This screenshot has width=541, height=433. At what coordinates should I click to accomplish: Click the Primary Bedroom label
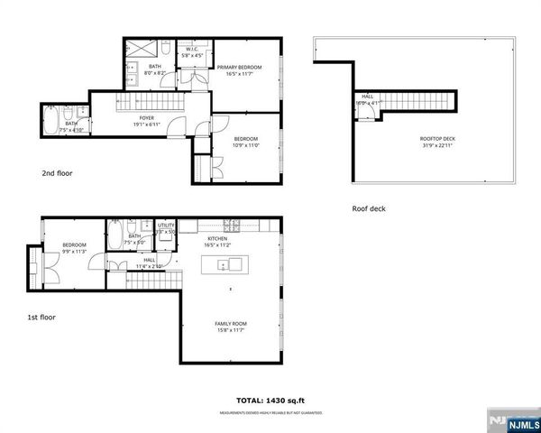[x=244, y=67]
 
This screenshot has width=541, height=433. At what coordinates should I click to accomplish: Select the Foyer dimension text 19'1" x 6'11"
[x=146, y=124]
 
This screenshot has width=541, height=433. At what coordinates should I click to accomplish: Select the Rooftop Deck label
[x=438, y=138]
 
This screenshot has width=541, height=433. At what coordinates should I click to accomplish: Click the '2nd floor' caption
[x=57, y=172]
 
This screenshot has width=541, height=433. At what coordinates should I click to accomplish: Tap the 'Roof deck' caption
[x=370, y=208]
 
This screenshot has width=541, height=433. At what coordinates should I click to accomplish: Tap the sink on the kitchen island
[x=234, y=264]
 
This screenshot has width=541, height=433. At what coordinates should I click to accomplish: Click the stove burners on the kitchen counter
[x=230, y=225]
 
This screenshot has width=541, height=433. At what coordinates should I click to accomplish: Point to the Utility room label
[x=167, y=226]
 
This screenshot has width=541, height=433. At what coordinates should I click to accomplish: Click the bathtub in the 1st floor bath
[x=116, y=236]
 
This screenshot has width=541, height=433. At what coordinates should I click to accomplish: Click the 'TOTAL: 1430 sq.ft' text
[x=270, y=399]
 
